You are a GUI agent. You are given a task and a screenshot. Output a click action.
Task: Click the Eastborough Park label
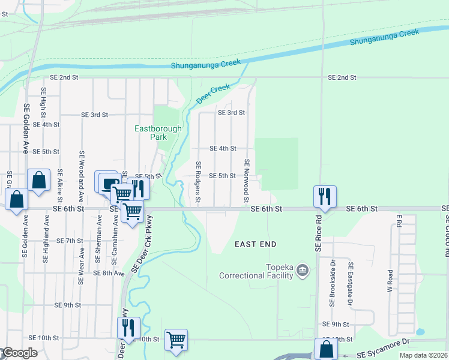coord(150,132)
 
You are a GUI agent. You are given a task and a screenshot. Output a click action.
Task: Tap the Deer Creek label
coord(213,92)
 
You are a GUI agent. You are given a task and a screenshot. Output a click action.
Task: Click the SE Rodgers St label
coord(197,182)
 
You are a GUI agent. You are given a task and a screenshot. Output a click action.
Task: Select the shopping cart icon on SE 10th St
coord(176,340)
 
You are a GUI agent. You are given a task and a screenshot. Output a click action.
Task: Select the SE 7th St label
coord(69,241)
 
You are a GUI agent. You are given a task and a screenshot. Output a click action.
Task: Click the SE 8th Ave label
coord(109,273)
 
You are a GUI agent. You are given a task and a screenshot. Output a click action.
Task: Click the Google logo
coord(20,353)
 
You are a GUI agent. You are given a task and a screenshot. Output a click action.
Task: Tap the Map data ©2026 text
coord(423,355)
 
